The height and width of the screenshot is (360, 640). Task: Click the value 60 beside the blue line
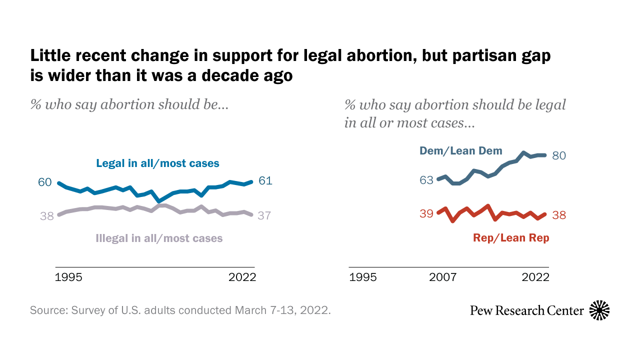pos(45,182)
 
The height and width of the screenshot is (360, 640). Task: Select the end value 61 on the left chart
pos(265,181)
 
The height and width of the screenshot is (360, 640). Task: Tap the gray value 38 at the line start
pos(46,216)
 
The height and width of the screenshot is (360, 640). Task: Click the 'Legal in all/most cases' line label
pos(157,163)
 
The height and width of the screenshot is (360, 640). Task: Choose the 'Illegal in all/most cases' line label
pos(159,238)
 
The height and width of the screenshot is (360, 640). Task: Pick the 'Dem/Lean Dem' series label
pos(460,150)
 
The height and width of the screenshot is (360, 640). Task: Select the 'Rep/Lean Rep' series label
pos(511,238)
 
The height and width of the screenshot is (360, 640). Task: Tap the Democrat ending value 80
pos(559,156)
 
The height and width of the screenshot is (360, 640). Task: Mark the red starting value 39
pos(426,214)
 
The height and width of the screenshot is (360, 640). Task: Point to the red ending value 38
pos(559,215)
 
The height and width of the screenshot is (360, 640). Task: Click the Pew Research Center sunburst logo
pos(599,310)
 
